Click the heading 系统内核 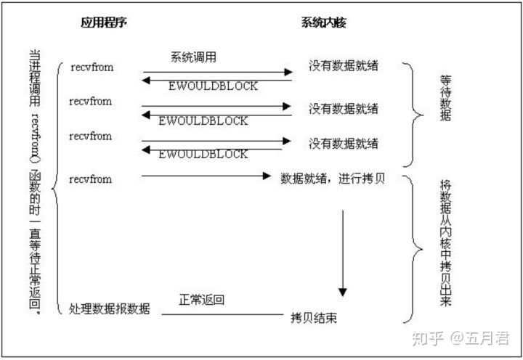323,22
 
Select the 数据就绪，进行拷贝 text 333,178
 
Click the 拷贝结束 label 314,318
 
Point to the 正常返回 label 201,300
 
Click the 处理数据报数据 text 110,308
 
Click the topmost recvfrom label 92,67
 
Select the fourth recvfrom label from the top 92,178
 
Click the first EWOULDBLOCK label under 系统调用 214,86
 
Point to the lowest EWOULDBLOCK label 203,154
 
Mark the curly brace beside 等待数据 416,112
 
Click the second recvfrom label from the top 92,101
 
